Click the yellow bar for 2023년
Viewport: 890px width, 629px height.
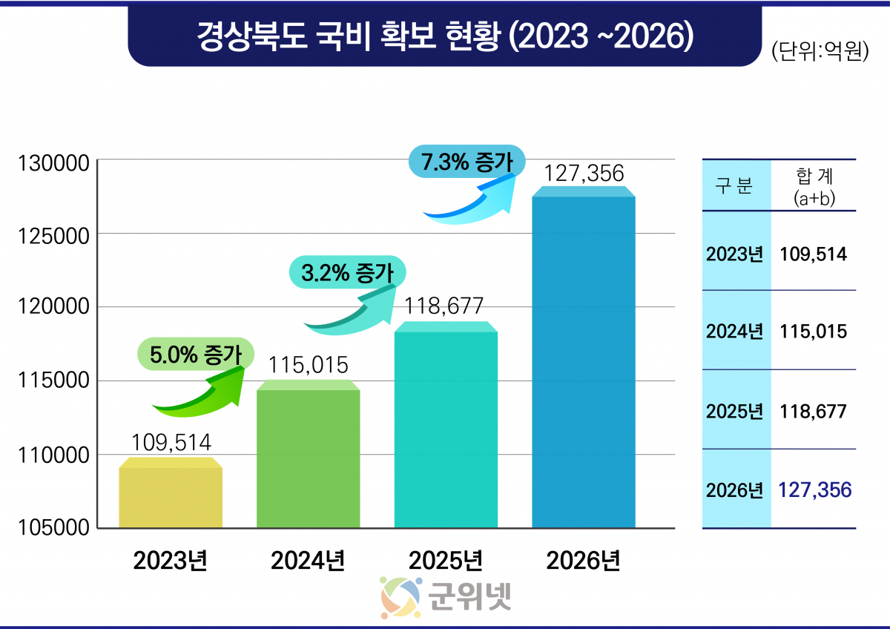pos(171,495)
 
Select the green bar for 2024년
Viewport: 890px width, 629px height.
pos(308,456)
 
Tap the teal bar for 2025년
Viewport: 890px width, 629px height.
pos(446,427)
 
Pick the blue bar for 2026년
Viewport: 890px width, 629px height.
pos(584,360)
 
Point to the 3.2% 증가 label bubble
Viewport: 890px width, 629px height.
pos(347,272)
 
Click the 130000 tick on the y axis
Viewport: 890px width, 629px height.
pos(53,162)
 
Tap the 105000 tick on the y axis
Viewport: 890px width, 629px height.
pos(53,527)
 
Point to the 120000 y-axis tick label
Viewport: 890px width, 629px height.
pos(53,308)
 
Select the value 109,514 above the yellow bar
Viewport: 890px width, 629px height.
pos(171,443)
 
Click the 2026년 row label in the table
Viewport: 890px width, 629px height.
pos(734,490)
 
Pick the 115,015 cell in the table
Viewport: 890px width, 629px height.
pos(813,331)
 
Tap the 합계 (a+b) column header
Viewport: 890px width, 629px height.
pos(814,185)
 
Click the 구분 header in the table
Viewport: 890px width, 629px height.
pos(734,186)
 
